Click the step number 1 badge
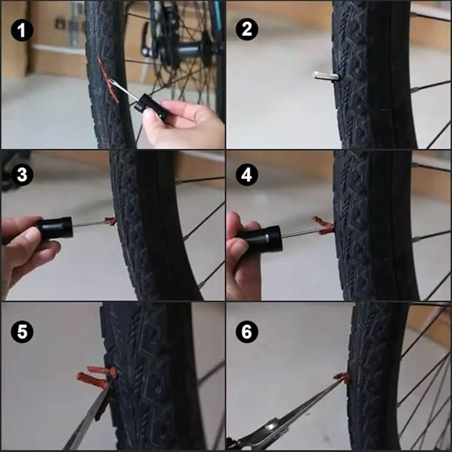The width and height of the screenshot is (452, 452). point(23,30)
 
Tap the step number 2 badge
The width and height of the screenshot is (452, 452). point(248,30)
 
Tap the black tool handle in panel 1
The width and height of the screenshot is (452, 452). point(154,107)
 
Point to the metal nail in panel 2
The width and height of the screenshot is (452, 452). point(326,77)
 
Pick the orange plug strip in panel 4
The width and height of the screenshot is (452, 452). point(323,225)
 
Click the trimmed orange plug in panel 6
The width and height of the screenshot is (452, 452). point(343,378)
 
